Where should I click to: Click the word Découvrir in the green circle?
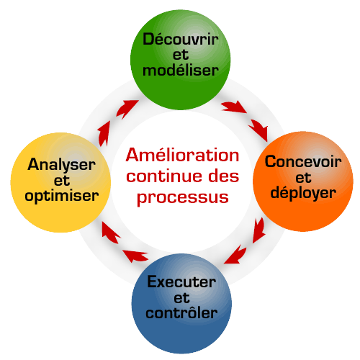point(181,39)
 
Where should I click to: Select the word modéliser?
point(181,70)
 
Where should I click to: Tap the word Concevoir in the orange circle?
point(303,161)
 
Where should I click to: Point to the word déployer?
point(303,194)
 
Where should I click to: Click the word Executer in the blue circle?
point(181,282)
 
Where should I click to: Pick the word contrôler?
point(181,312)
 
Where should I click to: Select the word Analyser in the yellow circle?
point(61,165)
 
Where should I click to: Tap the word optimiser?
point(62,196)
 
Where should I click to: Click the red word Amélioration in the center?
point(182,155)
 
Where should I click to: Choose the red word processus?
point(182,198)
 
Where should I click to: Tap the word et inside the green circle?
point(181,55)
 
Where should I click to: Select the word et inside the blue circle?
point(181,297)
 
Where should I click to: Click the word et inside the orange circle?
point(303,178)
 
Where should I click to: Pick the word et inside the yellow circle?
point(62,181)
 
